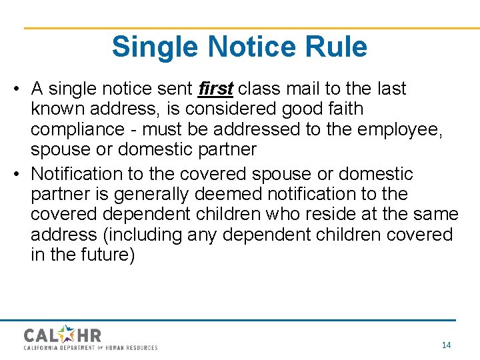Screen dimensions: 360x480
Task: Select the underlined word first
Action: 215,89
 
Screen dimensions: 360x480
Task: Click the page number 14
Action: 447,345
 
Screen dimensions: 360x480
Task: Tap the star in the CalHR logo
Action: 68,333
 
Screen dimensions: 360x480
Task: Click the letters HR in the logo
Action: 89,334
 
